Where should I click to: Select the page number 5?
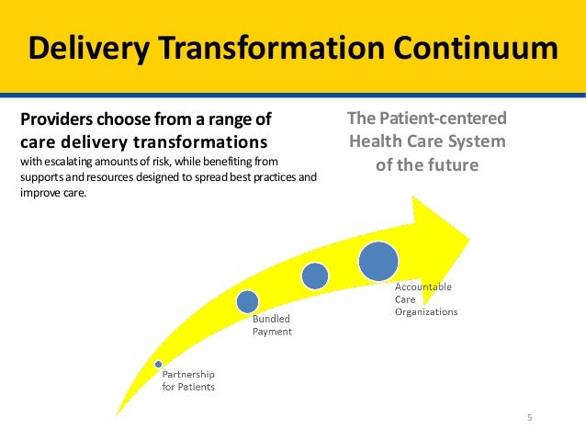[x=530, y=418]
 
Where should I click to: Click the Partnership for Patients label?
[x=189, y=380]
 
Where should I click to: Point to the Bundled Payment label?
[x=272, y=325]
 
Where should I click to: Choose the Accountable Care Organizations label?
[x=425, y=299]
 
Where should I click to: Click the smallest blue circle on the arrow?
[x=158, y=364]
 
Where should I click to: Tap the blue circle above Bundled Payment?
[x=247, y=301]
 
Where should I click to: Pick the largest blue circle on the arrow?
[x=378, y=261]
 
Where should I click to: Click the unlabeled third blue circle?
[x=314, y=276]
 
